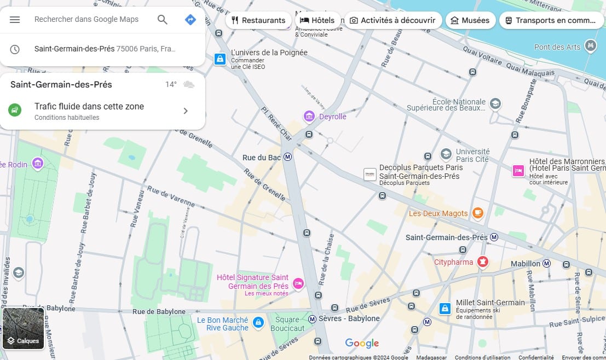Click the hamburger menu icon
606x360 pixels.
click(x=15, y=20)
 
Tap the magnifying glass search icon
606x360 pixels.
click(x=163, y=20)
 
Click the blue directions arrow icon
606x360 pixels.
click(x=190, y=20)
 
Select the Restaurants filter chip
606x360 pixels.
click(x=258, y=20)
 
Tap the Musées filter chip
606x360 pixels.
click(x=470, y=20)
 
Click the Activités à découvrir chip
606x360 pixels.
click(x=392, y=20)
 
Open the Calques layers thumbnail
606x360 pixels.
click(x=23, y=328)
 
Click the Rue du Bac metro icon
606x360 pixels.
click(x=288, y=158)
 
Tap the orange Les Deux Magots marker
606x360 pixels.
click(x=478, y=213)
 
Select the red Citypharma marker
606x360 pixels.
click(x=482, y=262)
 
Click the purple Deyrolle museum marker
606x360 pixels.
click(x=309, y=116)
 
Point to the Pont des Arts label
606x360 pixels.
click(x=557, y=47)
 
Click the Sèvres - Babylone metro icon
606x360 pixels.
click(x=313, y=318)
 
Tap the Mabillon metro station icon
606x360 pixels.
click(x=546, y=263)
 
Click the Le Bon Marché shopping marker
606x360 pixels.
click(x=258, y=323)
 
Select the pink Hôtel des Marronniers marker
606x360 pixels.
click(x=518, y=171)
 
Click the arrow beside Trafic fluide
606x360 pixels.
click(x=185, y=111)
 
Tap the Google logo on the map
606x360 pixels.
click(x=362, y=344)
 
